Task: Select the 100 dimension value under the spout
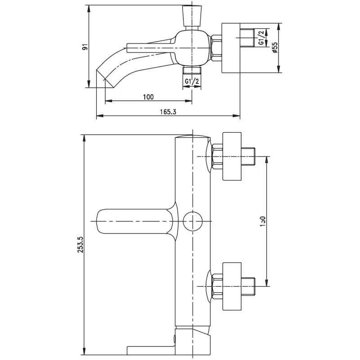pos(148,97)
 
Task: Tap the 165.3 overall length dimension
pos(167,112)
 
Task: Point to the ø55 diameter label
pos(275,47)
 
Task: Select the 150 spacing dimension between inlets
pos(263,221)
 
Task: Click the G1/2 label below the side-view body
pos(192,81)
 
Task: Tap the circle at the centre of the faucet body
pos(194,221)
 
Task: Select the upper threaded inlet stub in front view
pos(249,157)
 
